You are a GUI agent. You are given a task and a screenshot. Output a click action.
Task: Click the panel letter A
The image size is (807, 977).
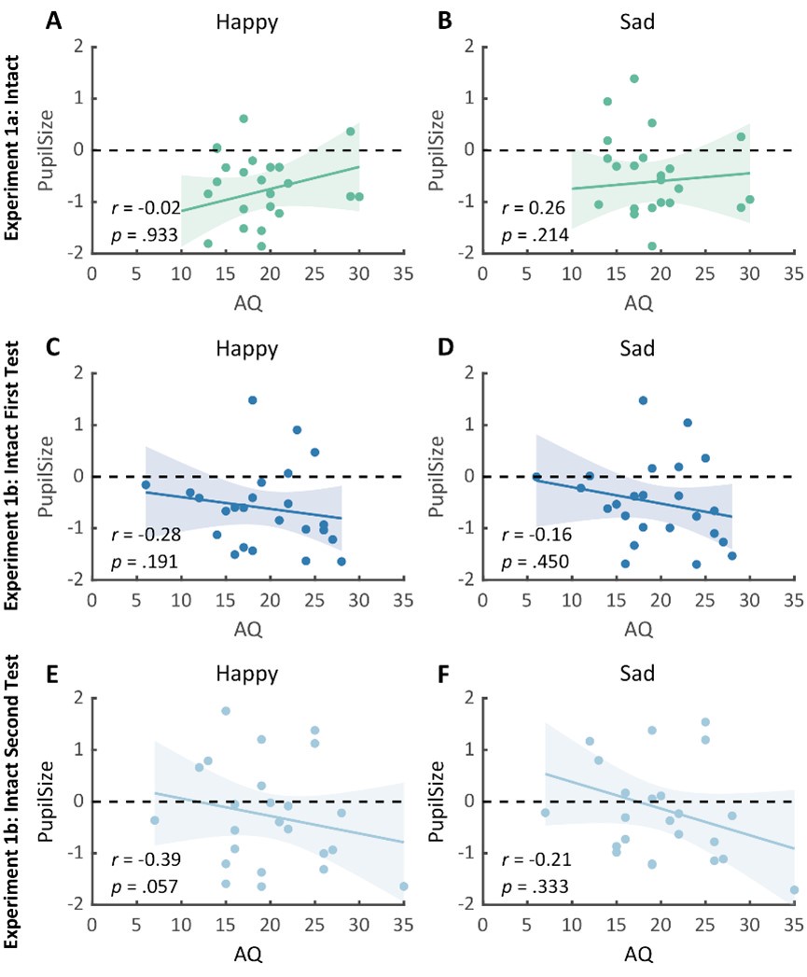[55, 21]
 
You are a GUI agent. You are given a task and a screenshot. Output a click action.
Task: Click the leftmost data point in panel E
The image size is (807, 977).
[155, 820]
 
